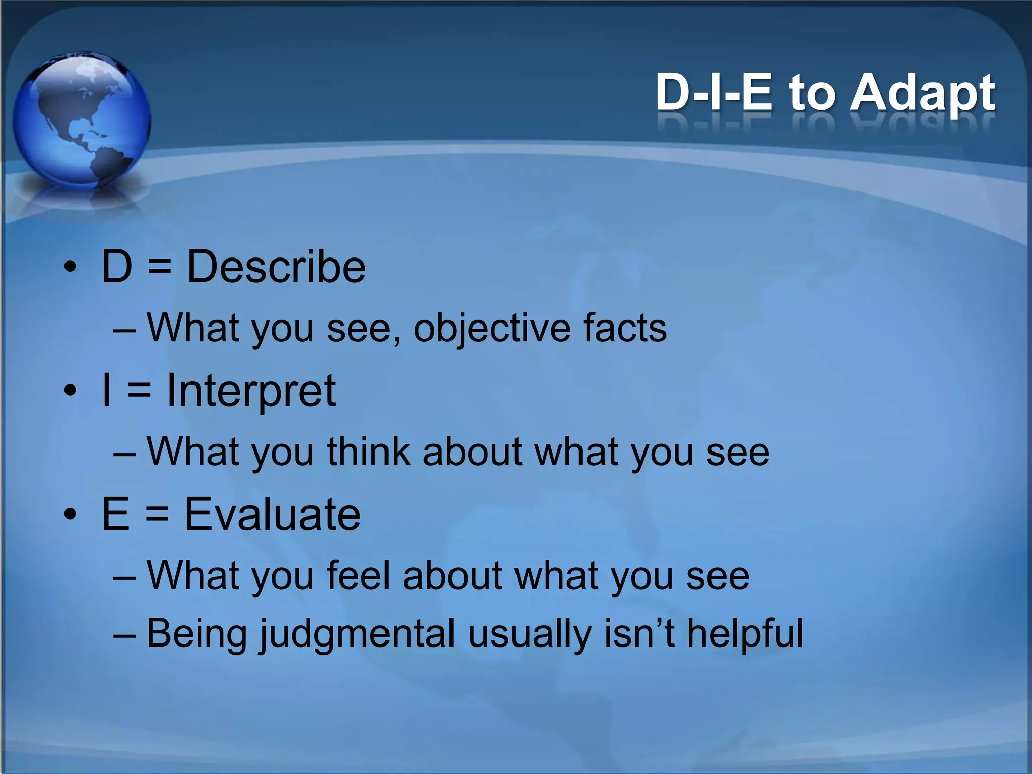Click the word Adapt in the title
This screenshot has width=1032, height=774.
922,94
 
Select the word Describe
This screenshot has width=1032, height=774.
276,267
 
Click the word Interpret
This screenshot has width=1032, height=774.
251,391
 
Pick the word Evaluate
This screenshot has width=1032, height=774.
272,514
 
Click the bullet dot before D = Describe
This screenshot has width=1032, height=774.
70,267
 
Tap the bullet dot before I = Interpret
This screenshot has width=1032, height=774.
70,391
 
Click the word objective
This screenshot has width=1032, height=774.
492,329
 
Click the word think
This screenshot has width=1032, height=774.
369,451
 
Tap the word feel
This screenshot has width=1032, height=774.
358,575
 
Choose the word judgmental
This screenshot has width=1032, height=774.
357,634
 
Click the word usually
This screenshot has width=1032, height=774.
529,634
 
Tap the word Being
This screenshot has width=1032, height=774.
197,634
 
